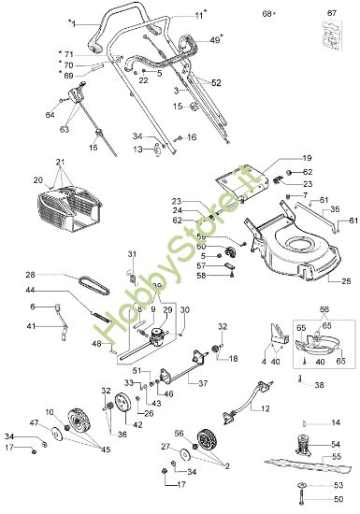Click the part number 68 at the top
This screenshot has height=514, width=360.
266,14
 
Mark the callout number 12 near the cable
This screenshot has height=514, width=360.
266,410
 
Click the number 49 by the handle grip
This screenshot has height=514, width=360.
214,39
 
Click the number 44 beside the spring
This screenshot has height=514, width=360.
31,292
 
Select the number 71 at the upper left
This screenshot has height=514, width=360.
66,53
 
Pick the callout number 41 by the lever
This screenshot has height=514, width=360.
31,326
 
